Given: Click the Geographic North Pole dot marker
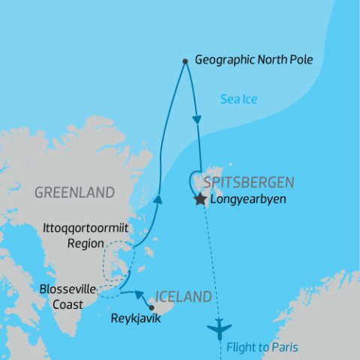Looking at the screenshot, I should pos(185,61).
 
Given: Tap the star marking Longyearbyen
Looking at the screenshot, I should pos(200,200).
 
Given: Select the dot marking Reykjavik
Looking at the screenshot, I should pos(151,306).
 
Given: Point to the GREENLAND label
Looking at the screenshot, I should pos(74,192).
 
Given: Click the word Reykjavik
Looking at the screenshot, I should pos(136,318).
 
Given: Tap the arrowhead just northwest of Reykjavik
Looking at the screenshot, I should pos(139,295).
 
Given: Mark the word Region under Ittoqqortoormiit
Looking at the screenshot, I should pos(84,243).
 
